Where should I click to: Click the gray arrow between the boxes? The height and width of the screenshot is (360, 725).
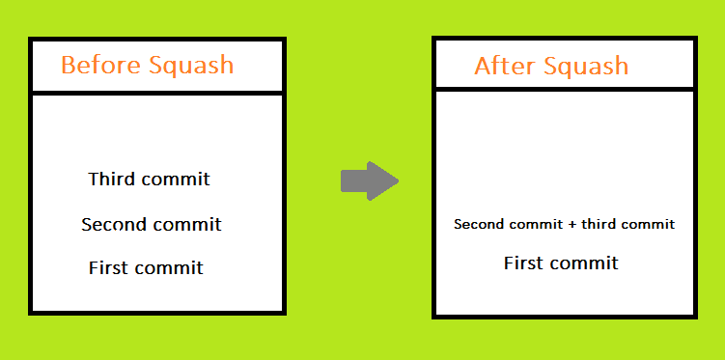(369, 180)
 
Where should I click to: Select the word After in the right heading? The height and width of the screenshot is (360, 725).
(503, 67)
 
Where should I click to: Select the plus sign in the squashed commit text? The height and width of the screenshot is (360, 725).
(572, 225)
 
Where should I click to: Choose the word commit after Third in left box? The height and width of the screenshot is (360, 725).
(176, 180)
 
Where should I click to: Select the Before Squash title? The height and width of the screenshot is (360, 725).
(147, 66)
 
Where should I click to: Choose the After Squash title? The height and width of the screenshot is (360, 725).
(551, 67)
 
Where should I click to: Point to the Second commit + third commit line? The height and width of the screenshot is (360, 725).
(564, 225)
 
